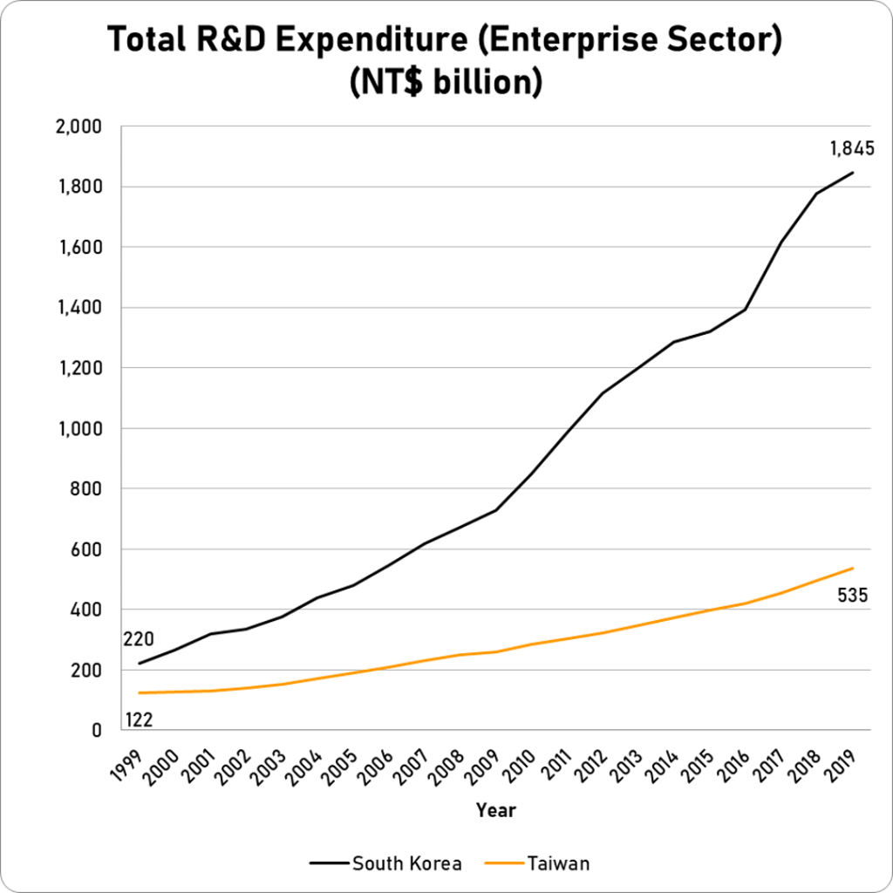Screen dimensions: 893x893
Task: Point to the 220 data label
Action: click(x=140, y=639)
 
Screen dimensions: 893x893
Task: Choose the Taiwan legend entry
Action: click(x=558, y=864)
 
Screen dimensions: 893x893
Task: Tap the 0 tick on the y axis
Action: click(x=98, y=731)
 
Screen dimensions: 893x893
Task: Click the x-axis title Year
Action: click(x=495, y=810)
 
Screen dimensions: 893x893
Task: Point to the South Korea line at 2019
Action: click(x=852, y=172)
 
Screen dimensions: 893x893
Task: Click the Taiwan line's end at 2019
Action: click(x=852, y=569)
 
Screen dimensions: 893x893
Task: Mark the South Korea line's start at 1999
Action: click(x=140, y=664)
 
